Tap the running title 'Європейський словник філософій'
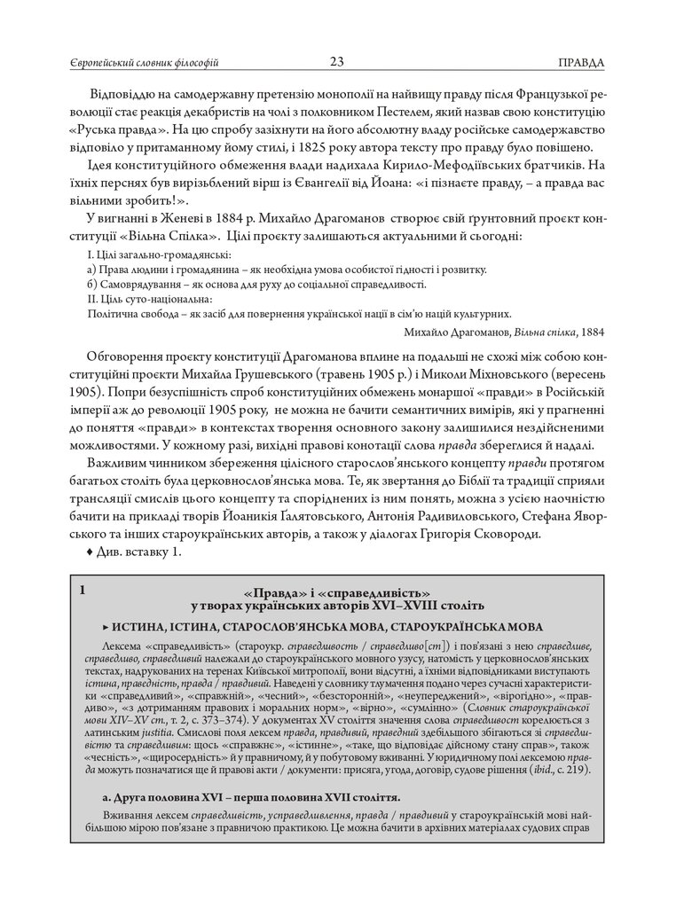pyautogui.click(x=144, y=63)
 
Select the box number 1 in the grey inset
pyautogui.click(x=83, y=589)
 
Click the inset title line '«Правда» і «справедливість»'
pyautogui.click(x=336, y=592)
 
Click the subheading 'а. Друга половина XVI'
pyautogui.click(x=250, y=796)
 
